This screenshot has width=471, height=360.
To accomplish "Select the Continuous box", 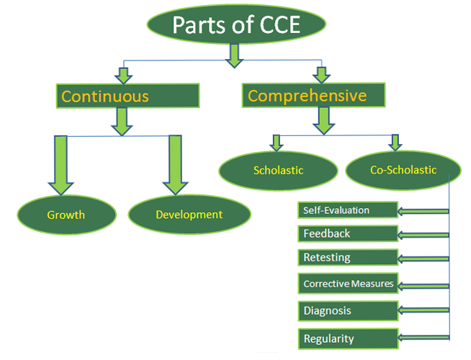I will [x=127, y=96].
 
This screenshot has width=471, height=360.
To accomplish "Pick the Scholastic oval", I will [x=278, y=171].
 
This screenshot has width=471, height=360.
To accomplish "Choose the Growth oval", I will [x=66, y=215].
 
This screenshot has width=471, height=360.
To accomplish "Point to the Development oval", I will [x=189, y=215].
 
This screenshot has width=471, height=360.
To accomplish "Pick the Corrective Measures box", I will [x=347, y=284].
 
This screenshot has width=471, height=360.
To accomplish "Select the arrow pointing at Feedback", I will [x=423, y=234].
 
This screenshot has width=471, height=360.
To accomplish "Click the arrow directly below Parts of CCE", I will [x=233, y=55].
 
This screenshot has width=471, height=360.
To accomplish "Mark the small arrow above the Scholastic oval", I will [x=275, y=142].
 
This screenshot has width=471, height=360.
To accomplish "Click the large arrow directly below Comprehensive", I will [x=323, y=120].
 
